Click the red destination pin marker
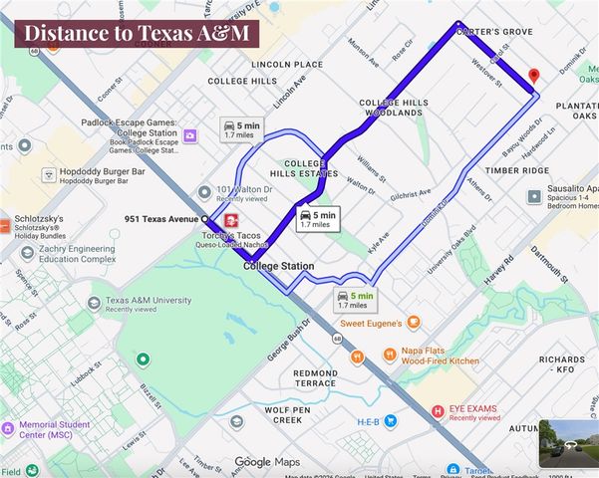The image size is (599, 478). pyautogui.click(x=533, y=77)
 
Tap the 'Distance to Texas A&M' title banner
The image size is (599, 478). pyautogui.click(x=137, y=32)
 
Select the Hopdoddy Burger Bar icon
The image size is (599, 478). pyautogui.click(x=48, y=174)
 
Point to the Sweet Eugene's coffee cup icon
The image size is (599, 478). pyautogui.click(x=414, y=323)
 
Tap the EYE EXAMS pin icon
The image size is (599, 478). pyautogui.click(x=437, y=411)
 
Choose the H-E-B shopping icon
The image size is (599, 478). pyautogui.click(x=390, y=421)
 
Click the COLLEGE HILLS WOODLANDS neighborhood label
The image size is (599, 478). pyautogui.click(x=393, y=108)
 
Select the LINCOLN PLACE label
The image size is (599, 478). pyautogui.click(x=287, y=64)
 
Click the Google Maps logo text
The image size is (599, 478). pyautogui.click(x=266, y=462)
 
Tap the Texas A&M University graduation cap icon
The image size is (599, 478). pyautogui.click(x=93, y=303)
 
